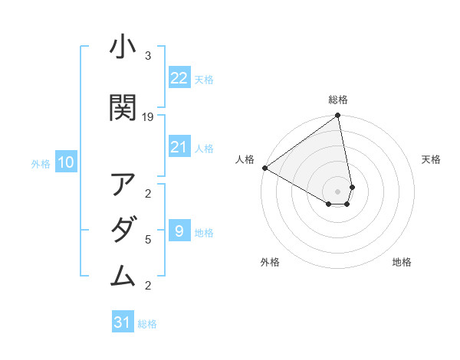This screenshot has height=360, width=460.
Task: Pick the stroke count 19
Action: (x=149, y=117)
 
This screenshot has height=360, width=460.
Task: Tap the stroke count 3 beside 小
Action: (x=148, y=56)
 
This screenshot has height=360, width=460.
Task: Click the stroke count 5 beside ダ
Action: (x=148, y=240)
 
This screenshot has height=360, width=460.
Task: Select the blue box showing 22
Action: (x=179, y=78)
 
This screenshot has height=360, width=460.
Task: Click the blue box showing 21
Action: (x=179, y=147)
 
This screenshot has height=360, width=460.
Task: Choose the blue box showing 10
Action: (x=66, y=162)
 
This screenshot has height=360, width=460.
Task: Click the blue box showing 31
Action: (x=123, y=322)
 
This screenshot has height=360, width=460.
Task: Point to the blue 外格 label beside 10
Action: (x=41, y=163)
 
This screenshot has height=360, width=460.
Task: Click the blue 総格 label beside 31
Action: (x=147, y=324)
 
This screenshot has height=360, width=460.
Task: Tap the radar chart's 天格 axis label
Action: (x=431, y=159)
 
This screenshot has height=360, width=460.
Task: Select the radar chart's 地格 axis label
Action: (x=402, y=262)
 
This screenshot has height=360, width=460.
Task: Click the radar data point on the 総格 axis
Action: (x=338, y=116)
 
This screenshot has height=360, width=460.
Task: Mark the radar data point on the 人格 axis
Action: (x=264, y=168)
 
